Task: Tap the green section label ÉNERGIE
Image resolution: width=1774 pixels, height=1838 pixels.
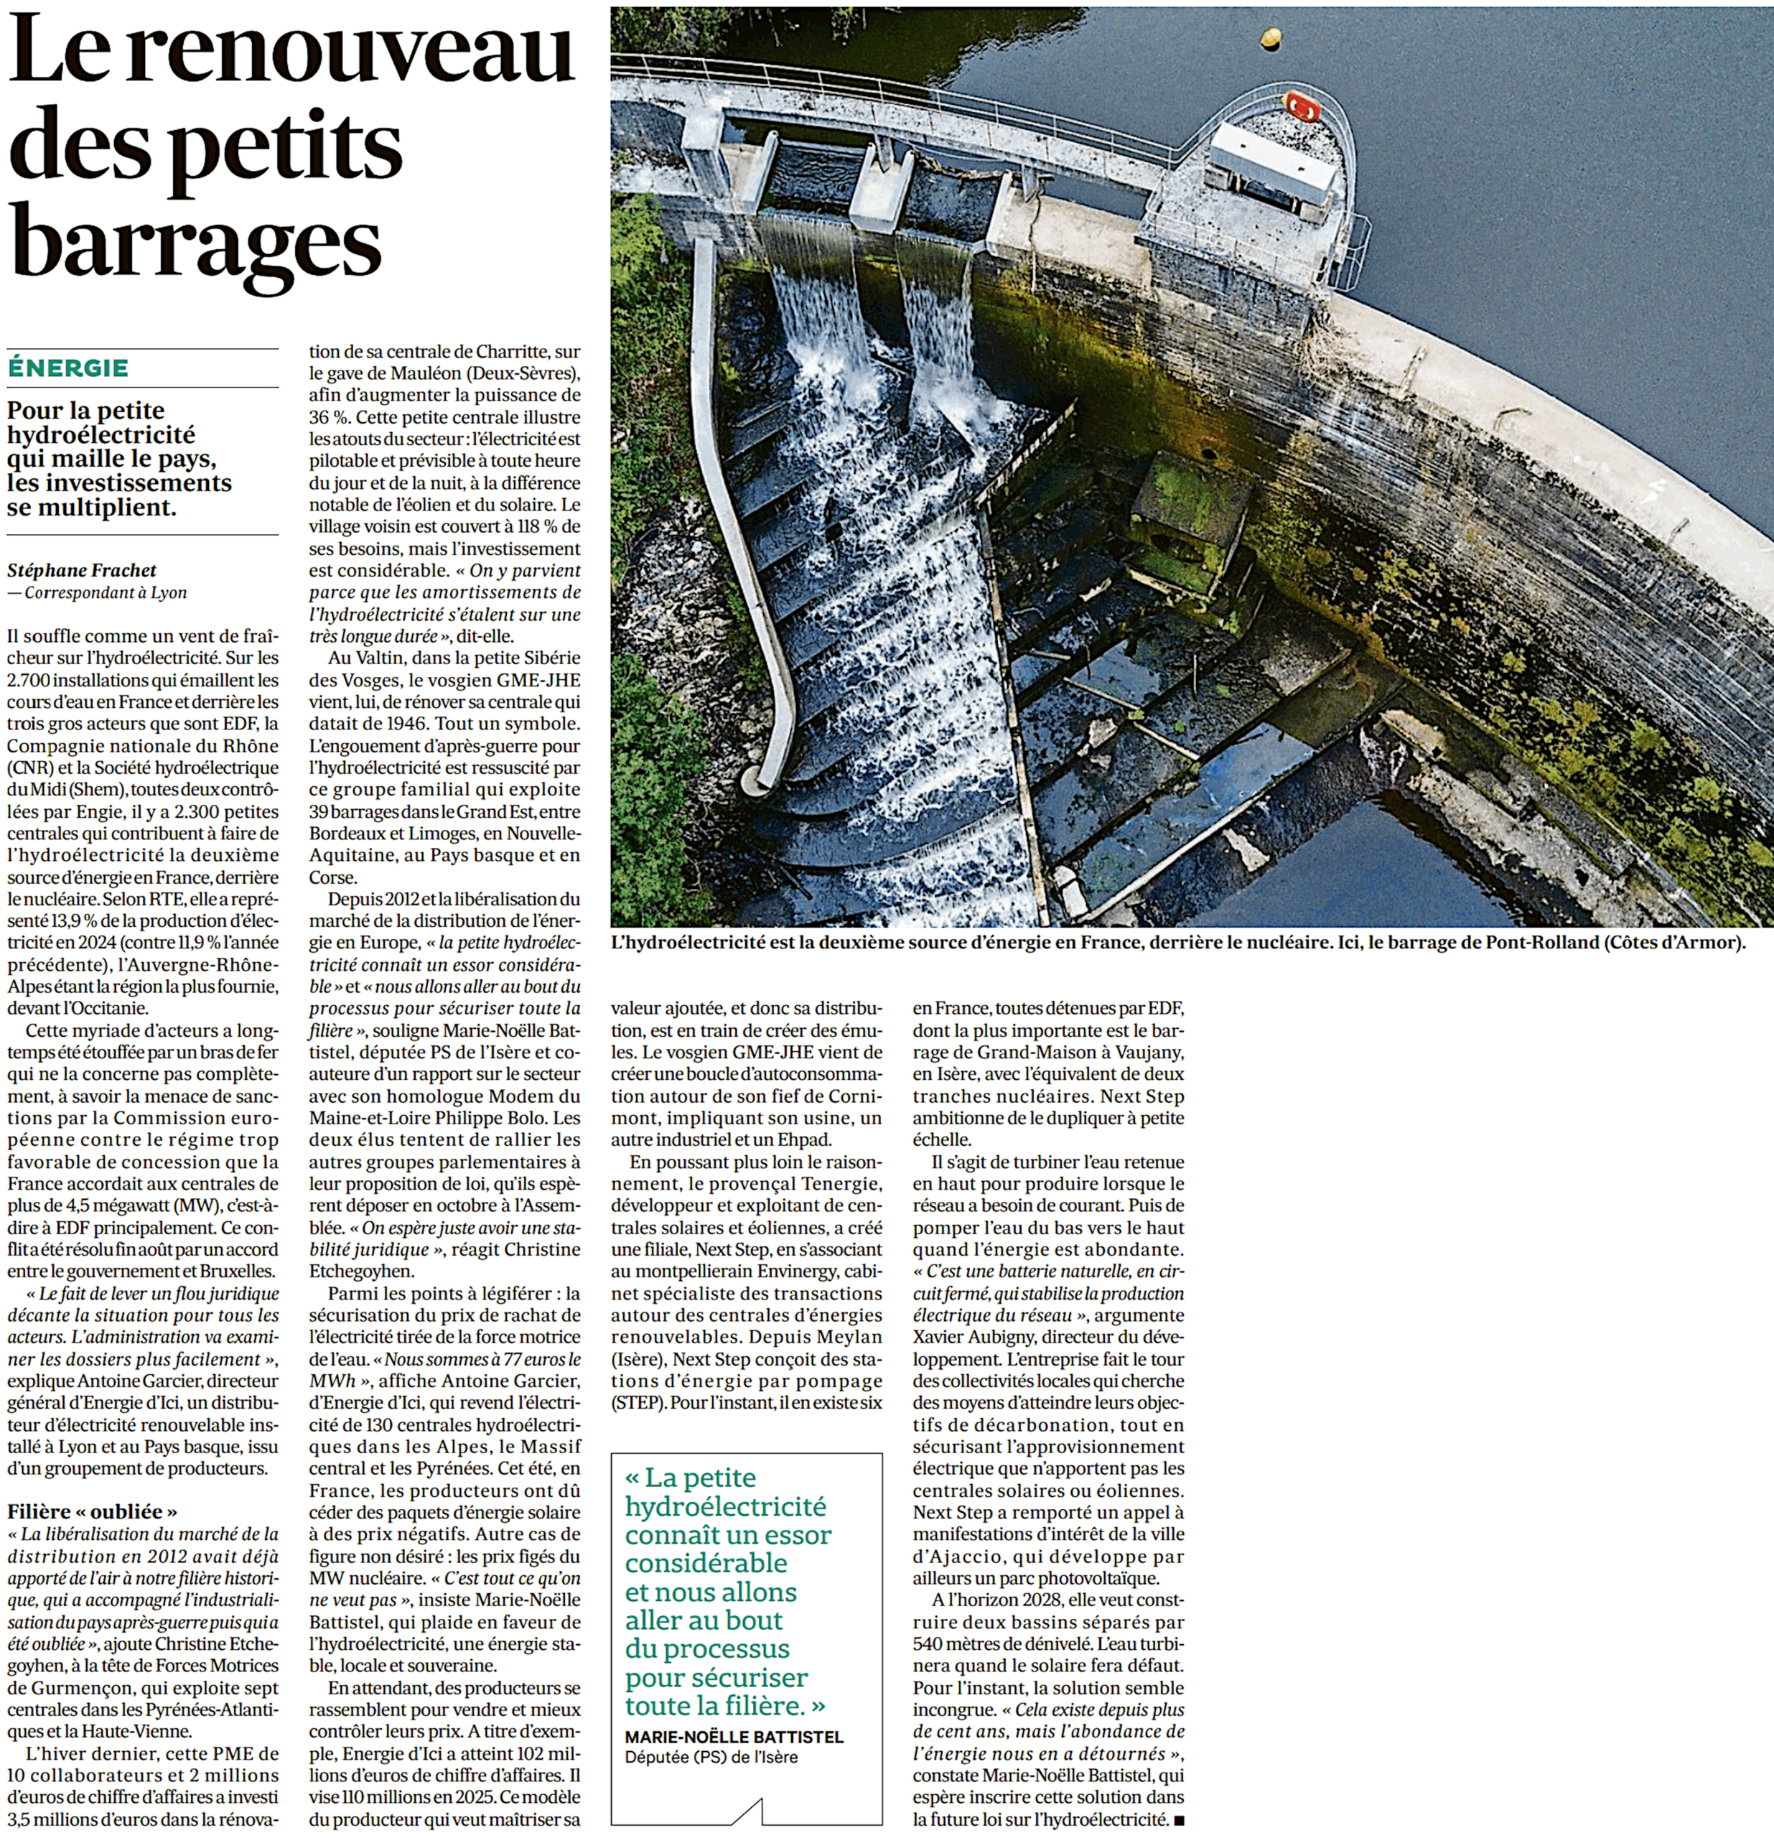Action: pos(67,368)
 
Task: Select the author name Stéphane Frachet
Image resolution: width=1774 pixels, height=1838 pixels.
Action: pos(82,570)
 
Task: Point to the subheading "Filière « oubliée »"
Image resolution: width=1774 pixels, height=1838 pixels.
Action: pos(92,1511)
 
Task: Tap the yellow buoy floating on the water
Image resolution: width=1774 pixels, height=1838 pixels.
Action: pos(1271,37)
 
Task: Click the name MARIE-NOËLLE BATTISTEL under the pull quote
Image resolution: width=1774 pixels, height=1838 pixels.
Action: pos(734,1737)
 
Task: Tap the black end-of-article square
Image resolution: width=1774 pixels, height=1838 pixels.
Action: pos(1180,1821)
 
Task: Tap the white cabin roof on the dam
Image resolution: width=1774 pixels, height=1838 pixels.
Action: pos(1271,164)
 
